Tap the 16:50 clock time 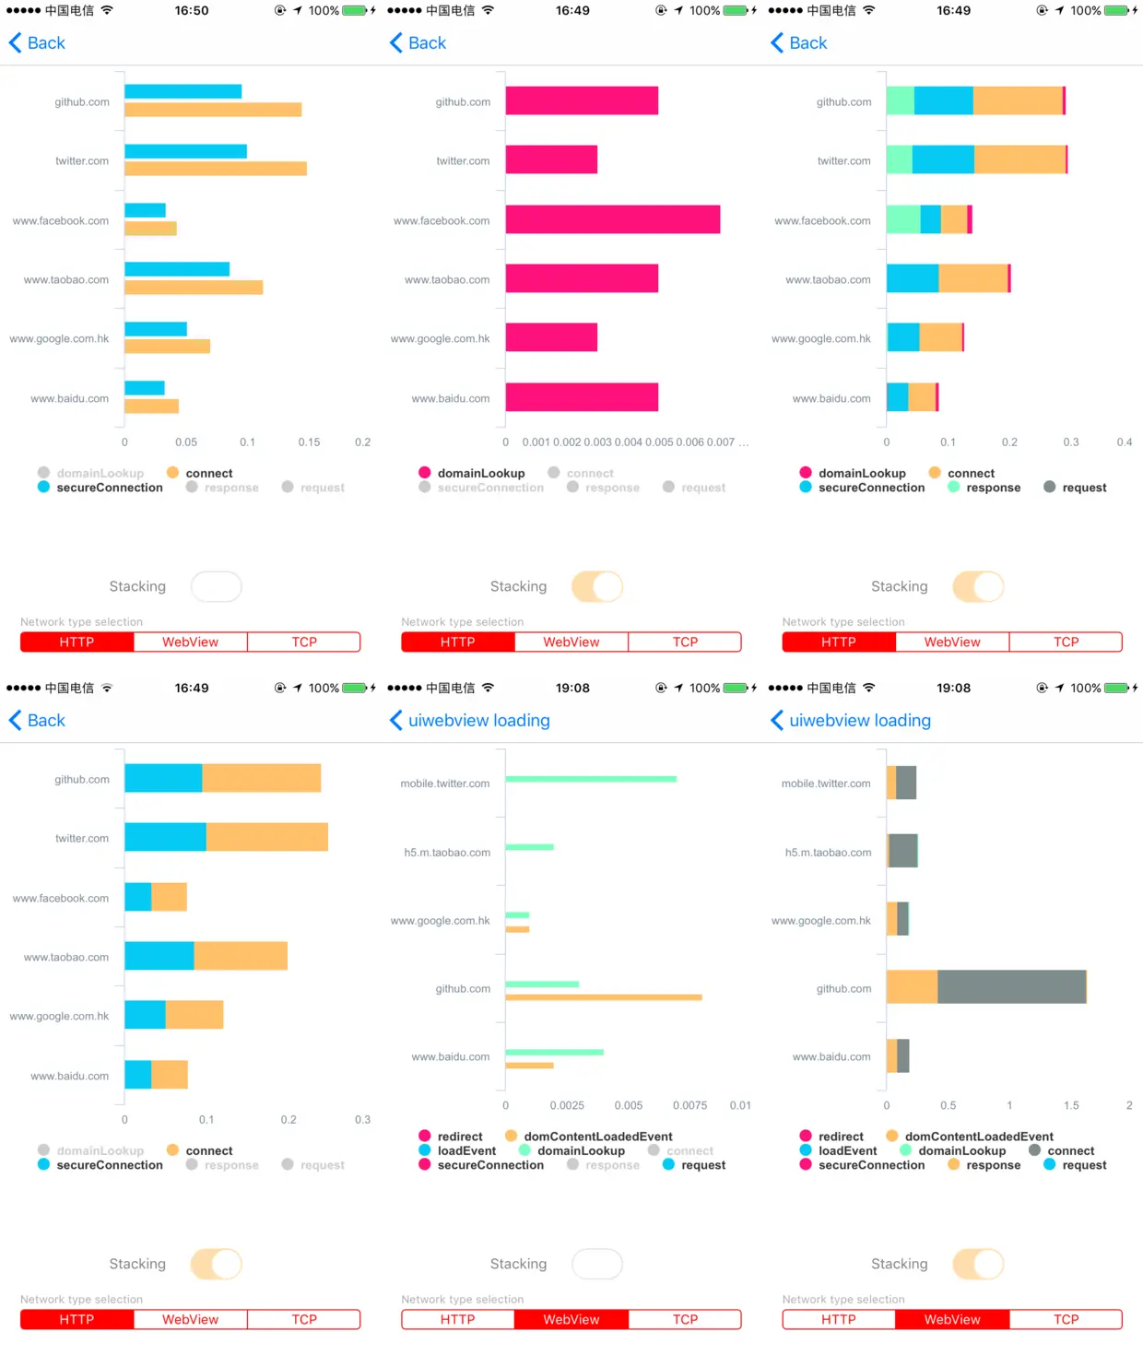(x=192, y=11)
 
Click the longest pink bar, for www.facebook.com (x=612, y=219)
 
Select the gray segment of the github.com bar (x=1011, y=986)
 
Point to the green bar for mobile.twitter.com (x=590, y=779)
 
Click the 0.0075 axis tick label (x=689, y=1105)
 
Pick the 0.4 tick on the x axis (x=1124, y=442)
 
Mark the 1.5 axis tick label (x=1071, y=1105)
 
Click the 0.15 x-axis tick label (x=309, y=442)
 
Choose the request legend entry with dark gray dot (x=1075, y=488)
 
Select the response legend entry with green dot (x=984, y=488)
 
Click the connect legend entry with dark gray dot (x=1061, y=1150)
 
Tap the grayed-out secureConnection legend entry (x=481, y=488)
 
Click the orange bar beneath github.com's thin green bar (x=603, y=997)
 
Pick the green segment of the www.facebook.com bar (x=902, y=219)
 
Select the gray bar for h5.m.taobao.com (x=903, y=851)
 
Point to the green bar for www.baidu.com (x=554, y=1052)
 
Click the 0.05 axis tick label (x=186, y=442)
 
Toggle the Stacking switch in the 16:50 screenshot (x=216, y=586)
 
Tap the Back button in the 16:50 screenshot (x=37, y=43)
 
